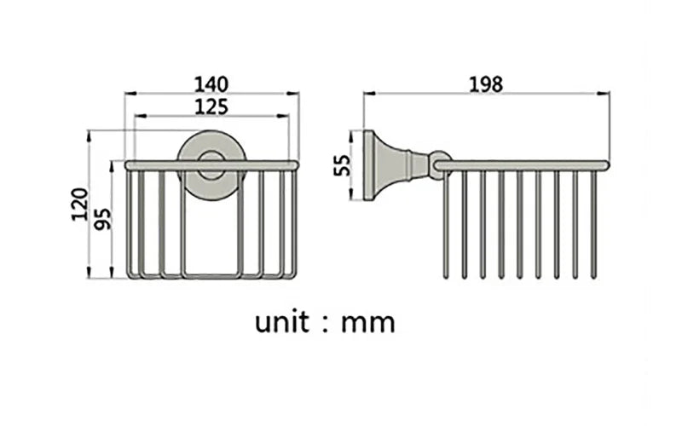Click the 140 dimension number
coord(211,83)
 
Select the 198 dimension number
coord(486,83)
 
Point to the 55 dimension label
coord(342,164)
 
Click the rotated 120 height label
coord(78,205)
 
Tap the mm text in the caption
coord(368,324)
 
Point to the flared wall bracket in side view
coord(384,164)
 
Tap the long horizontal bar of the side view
coord(524,164)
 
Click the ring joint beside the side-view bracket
coord(437,164)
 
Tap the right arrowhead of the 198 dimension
coord(606,95)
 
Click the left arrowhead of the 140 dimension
coord(129,95)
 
